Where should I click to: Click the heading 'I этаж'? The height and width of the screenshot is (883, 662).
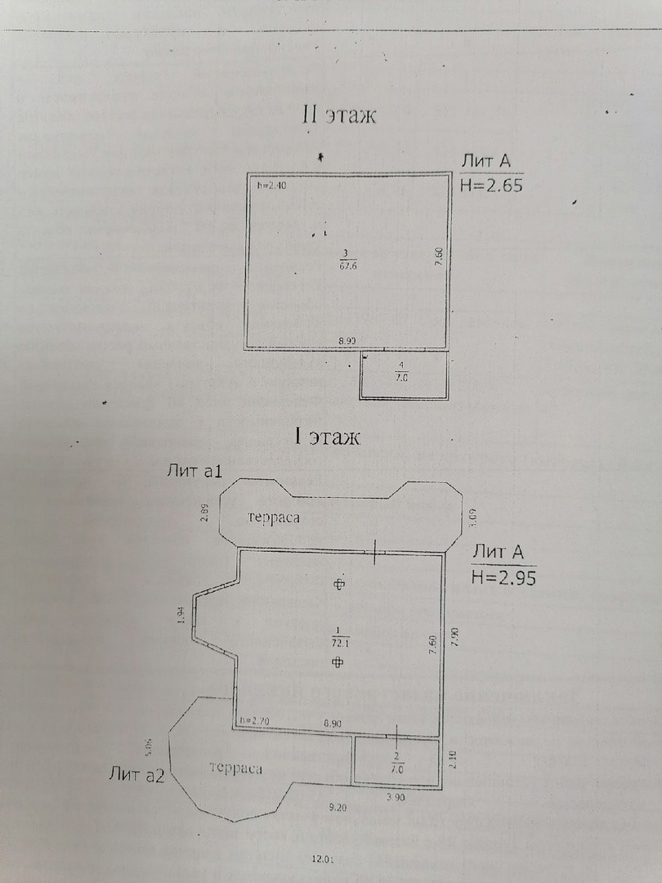point(327,437)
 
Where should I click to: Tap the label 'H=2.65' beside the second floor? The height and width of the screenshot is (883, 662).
point(491,185)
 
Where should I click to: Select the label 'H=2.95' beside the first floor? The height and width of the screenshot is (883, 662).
point(503,578)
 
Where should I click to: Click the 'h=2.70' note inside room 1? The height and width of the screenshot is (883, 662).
point(255,721)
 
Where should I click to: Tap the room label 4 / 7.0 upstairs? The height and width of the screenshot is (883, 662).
point(401,372)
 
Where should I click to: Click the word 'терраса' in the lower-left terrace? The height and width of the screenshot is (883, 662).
point(235,768)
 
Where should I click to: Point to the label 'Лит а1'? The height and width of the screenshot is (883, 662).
point(195,470)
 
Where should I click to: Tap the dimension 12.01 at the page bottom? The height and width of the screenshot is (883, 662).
point(324,859)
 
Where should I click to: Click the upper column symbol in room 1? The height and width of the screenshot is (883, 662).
point(339,584)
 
